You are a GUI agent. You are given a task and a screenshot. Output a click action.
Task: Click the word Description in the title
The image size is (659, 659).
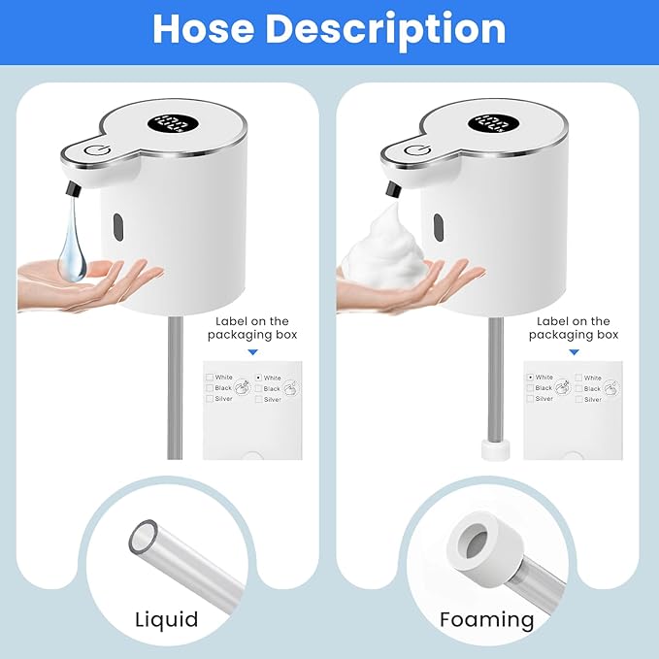(385, 29)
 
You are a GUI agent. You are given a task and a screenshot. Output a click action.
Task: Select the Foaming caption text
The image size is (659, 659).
(486, 619)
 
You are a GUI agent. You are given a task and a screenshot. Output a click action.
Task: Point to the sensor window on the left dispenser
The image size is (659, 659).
(117, 225)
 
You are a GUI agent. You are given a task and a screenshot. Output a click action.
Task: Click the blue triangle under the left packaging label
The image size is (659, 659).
(252, 353)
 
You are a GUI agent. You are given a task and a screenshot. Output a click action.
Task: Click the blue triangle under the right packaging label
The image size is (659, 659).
(573, 353)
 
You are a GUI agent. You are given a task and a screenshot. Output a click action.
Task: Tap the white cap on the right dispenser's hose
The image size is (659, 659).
(494, 448)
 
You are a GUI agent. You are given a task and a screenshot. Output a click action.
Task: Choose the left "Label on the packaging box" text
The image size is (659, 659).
(251, 328)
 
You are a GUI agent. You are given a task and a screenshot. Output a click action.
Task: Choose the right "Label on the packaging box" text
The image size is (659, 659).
(573, 328)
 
